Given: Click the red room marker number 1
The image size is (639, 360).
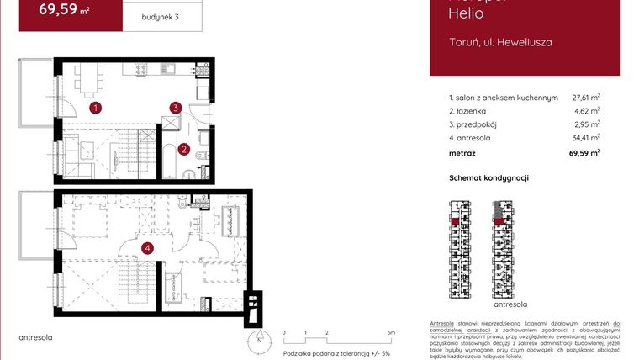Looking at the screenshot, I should tap(97, 108).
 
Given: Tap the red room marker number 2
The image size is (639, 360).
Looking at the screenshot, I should tap(185, 151).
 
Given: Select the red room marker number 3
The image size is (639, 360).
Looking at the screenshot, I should tap(175, 108).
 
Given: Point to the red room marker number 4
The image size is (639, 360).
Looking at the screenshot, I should tap(148, 247).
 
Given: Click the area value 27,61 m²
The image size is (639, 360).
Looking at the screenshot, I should tap(586, 98).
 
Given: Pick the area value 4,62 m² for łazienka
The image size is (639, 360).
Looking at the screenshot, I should tap(589, 110).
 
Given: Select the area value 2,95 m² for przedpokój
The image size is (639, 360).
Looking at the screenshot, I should tap(589, 124).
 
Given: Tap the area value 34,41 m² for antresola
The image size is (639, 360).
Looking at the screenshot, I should tap(586, 137).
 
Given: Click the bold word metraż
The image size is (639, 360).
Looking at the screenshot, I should tap(462, 153).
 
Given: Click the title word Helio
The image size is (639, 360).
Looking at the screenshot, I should tap(465, 13).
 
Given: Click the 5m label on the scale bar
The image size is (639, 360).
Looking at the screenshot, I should tap(392, 333).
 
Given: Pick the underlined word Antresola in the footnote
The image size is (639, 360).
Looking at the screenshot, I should tap(442, 324).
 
